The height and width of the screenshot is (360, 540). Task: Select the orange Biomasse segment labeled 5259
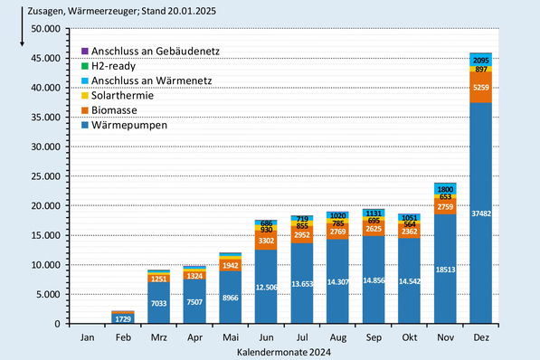click(480, 88)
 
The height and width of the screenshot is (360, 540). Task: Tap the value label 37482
click(480, 213)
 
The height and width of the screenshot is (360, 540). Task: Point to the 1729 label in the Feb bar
click(123, 318)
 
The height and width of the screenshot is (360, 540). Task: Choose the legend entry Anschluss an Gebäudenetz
click(149, 52)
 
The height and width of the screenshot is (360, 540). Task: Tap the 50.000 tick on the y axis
click(44, 29)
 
